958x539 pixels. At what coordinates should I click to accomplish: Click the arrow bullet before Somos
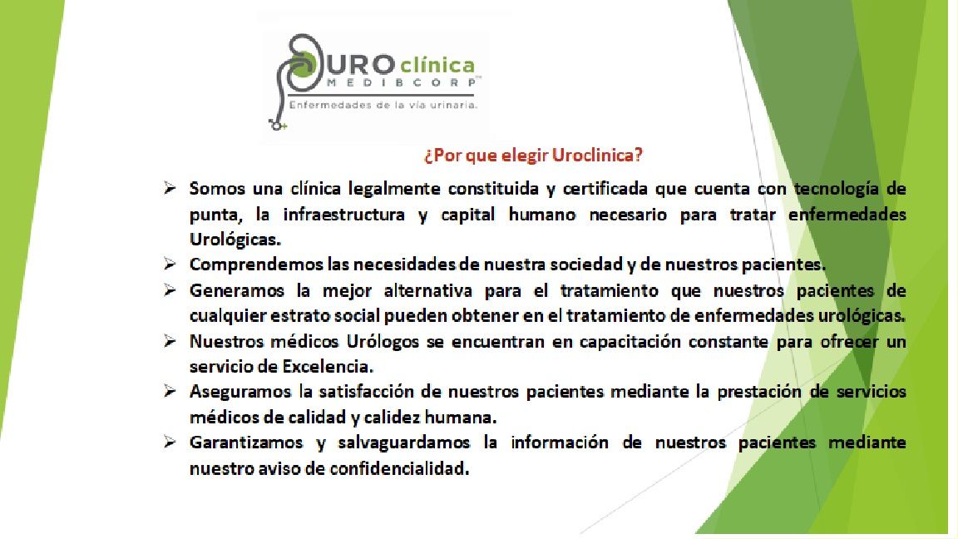169,189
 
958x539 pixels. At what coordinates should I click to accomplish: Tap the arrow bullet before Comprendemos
169,265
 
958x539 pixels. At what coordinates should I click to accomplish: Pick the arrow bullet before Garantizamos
169,443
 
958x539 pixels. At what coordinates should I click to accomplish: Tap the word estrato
317,316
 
